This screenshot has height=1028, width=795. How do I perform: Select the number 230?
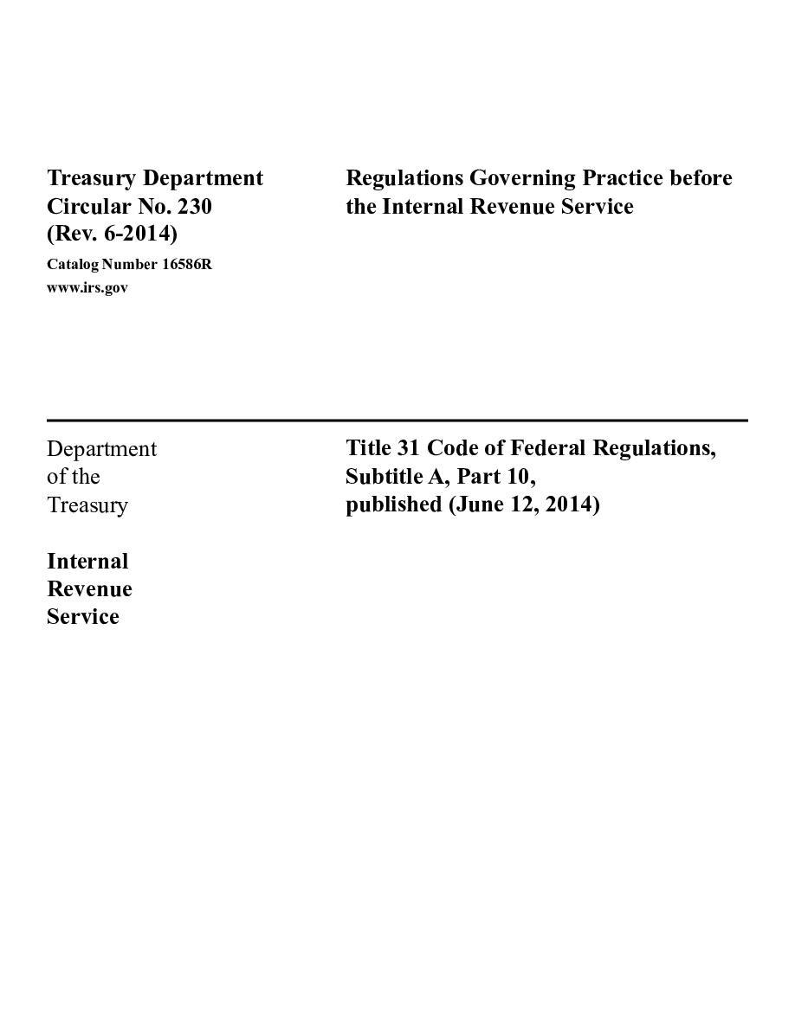194,207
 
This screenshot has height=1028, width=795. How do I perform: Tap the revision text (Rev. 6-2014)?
112,235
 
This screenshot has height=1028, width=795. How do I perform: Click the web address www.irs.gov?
87,288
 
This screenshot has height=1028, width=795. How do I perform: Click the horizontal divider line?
397,421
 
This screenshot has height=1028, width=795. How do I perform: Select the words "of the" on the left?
74,477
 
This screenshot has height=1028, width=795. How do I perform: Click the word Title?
368,448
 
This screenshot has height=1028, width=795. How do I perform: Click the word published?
394,504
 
